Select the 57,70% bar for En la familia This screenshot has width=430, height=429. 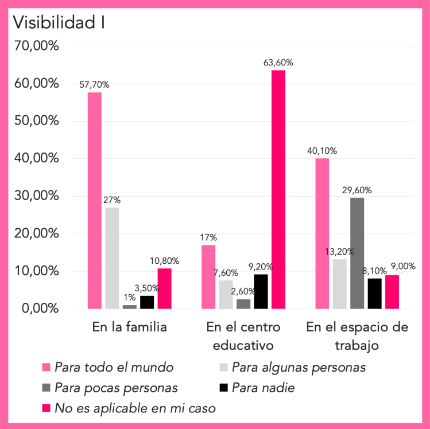(x=95, y=201)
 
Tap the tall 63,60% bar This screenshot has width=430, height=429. (x=278, y=189)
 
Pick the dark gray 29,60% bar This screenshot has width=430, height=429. (x=357, y=253)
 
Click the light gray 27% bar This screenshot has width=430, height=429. (x=112, y=258)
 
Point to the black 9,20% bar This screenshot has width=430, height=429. (x=261, y=291)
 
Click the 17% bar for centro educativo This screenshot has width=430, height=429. (x=208, y=277)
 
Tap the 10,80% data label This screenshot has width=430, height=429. (x=165, y=261)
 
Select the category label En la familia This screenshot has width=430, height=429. (x=130, y=327)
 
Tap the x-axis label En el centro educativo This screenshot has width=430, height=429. (x=243, y=336)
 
